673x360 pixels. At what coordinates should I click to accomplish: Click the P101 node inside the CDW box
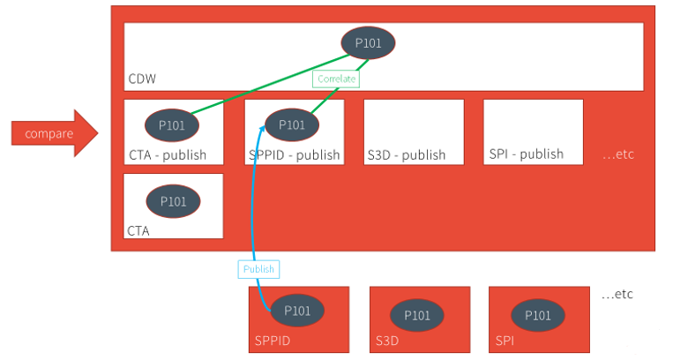(x=368, y=42)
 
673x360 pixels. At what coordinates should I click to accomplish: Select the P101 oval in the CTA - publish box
(x=172, y=125)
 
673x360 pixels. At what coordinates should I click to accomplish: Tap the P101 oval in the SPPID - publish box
(x=292, y=124)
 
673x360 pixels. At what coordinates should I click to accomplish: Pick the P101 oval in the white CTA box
(x=174, y=201)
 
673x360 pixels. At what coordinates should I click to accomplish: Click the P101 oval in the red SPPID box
(x=297, y=311)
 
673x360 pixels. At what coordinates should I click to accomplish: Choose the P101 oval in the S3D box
(x=416, y=315)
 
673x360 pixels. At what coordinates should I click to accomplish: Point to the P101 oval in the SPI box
(x=537, y=315)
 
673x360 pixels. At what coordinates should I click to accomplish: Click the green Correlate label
(x=336, y=79)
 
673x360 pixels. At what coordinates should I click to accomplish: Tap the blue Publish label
(x=258, y=269)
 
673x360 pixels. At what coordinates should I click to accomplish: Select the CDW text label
(x=142, y=79)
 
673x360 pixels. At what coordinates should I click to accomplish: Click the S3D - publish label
(x=406, y=155)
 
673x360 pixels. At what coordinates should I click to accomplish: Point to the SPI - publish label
(x=526, y=154)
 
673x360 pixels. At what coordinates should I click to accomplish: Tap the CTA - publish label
(x=167, y=155)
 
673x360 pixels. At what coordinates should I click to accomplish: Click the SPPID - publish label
(x=295, y=155)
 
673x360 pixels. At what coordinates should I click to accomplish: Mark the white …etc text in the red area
(x=617, y=154)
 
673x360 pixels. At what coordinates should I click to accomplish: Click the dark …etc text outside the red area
(x=617, y=294)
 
